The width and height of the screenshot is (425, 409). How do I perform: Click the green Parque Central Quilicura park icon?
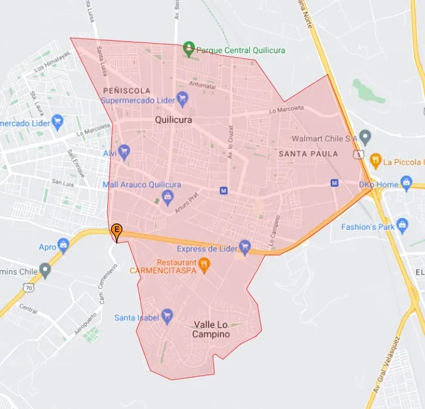[189, 48]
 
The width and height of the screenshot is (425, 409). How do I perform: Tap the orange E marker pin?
[116, 230]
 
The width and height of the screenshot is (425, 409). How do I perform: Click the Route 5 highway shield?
[358, 154]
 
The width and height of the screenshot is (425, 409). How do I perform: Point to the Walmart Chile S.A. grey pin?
[365, 138]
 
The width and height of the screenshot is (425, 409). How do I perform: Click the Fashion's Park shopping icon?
[402, 225]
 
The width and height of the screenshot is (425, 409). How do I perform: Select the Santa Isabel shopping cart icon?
[167, 316]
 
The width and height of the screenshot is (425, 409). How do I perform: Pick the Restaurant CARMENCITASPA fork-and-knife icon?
[205, 265]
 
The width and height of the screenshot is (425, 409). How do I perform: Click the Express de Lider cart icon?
[245, 246]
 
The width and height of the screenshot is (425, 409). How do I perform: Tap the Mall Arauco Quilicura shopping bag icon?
[168, 197]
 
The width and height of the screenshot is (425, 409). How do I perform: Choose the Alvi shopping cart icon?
[124, 152]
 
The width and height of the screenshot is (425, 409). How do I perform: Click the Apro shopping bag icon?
[63, 246]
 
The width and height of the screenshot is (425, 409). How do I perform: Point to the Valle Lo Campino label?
[211, 329]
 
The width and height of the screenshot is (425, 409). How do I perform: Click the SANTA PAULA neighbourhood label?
[308, 154]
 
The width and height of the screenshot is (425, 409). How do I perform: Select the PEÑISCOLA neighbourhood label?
[127, 90]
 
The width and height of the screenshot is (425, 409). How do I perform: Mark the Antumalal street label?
[203, 85]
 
